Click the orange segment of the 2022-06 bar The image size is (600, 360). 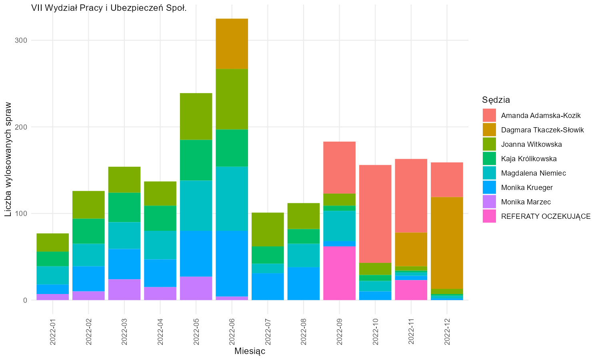point(232,44)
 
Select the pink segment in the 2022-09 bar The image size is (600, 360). point(339,273)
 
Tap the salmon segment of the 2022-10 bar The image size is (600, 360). point(375,214)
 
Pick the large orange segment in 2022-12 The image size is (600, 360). point(447,243)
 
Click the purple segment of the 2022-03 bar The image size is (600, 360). point(124,290)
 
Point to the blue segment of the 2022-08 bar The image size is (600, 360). point(304,283)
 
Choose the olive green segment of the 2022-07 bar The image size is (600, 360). point(268,230)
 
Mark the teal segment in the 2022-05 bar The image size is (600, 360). point(196,206)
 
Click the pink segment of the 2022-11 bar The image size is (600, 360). point(411,290)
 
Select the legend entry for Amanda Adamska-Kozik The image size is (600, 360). point(532,116)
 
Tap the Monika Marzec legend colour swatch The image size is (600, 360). point(489,202)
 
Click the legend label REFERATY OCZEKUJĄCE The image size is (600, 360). point(546,216)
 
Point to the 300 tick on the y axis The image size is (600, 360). point(21,40)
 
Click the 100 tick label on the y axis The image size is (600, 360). point(21,214)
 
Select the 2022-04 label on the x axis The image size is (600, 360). point(160,332)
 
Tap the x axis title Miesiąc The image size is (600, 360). point(250,351)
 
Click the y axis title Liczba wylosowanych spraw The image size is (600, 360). point(8,159)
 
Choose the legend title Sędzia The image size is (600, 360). point(496,100)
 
